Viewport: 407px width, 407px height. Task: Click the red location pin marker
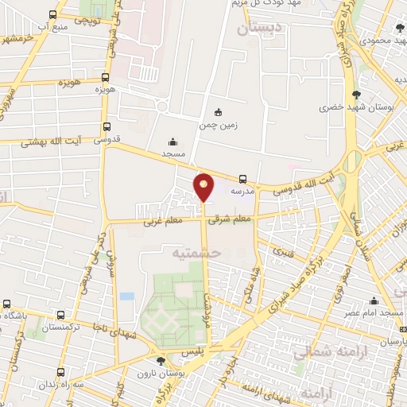204,187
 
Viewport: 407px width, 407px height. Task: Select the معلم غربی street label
161,221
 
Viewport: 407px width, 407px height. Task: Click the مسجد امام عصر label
373,312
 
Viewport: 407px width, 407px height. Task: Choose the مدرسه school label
242,192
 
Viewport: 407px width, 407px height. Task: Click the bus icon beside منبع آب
52,14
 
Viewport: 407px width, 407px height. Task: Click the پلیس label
194,350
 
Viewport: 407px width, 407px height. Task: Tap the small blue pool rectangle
126,296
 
